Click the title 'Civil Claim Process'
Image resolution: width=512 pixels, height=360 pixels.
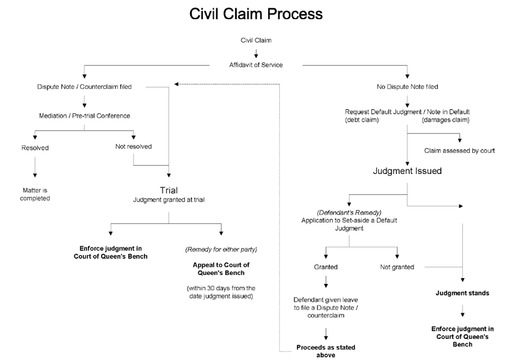(x=255, y=13)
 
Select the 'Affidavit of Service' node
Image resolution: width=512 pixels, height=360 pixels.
(x=255, y=65)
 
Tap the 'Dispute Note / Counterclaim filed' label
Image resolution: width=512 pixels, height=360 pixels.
(x=84, y=86)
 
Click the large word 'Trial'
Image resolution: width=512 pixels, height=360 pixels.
(x=168, y=191)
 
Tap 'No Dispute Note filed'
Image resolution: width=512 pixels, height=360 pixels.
(x=407, y=86)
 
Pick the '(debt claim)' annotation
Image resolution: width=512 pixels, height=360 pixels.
(x=362, y=120)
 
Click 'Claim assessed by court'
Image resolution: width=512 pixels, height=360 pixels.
(x=459, y=151)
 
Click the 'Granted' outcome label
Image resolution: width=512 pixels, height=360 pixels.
(x=326, y=267)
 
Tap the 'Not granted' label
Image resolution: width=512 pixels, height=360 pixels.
(x=397, y=267)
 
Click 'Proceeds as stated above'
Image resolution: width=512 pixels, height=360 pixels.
(x=326, y=351)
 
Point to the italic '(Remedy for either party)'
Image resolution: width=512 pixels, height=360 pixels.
(x=221, y=249)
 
